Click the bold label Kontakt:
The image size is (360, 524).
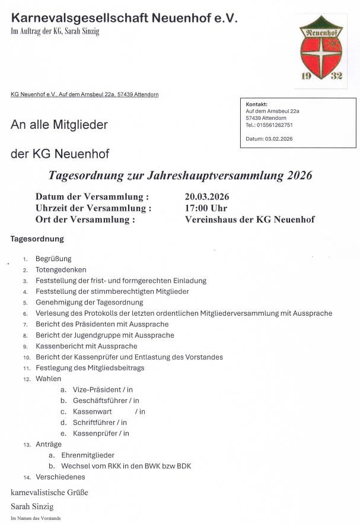pyautogui.click(x=256, y=104)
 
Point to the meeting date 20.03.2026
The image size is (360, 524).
pyautogui.click(x=207, y=196)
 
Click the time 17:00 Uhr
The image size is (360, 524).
pyautogui.click(x=206, y=208)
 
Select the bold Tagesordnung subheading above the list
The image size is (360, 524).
pyautogui.click(x=37, y=239)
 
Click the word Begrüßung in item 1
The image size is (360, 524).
pyautogui.click(x=53, y=259)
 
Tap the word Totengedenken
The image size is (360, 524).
pyautogui.click(x=60, y=269)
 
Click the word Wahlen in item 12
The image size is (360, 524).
pyautogui.click(x=48, y=379)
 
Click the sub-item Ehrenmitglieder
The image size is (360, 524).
pyautogui.click(x=88, y=455)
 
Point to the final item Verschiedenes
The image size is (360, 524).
pyautogui.click(x=60, y=477)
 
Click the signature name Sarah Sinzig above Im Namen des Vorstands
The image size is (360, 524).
pyautogui.click(x=32, y=506)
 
